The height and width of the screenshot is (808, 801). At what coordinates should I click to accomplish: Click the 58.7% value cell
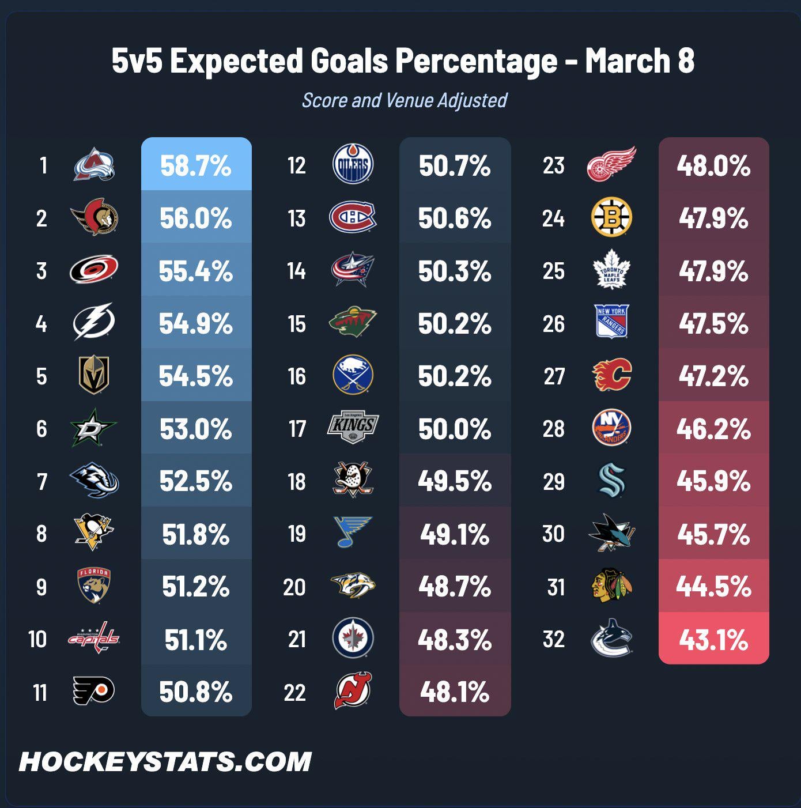196,165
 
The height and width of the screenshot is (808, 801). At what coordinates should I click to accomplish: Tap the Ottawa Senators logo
95,218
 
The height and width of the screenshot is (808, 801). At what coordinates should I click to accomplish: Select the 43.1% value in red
713,639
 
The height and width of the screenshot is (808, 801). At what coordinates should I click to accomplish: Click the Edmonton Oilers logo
353,165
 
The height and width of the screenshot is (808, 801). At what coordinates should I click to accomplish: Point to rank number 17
297,429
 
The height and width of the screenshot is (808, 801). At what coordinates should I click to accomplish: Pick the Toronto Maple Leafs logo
611,270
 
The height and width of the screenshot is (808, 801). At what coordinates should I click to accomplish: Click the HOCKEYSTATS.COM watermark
165,761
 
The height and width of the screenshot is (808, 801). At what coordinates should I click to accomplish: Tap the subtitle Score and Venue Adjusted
405,100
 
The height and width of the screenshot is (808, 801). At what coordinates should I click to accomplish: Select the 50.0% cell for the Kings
455,429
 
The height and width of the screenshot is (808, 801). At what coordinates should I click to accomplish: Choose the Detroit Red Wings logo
611,164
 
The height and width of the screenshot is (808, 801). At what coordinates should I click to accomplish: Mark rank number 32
553,639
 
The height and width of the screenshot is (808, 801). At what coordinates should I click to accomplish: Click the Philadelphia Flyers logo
94,691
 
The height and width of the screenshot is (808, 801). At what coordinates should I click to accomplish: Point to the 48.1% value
455,692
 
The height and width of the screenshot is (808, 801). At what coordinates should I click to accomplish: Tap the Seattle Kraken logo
611,481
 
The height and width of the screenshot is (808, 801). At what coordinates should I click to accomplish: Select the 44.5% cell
713,587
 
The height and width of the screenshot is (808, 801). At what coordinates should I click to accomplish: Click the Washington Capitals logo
94,638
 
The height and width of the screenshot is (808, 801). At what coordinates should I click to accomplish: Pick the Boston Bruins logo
611,218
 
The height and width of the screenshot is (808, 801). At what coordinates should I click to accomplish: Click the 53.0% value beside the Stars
196,429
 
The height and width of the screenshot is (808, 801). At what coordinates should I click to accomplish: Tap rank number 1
43,165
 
